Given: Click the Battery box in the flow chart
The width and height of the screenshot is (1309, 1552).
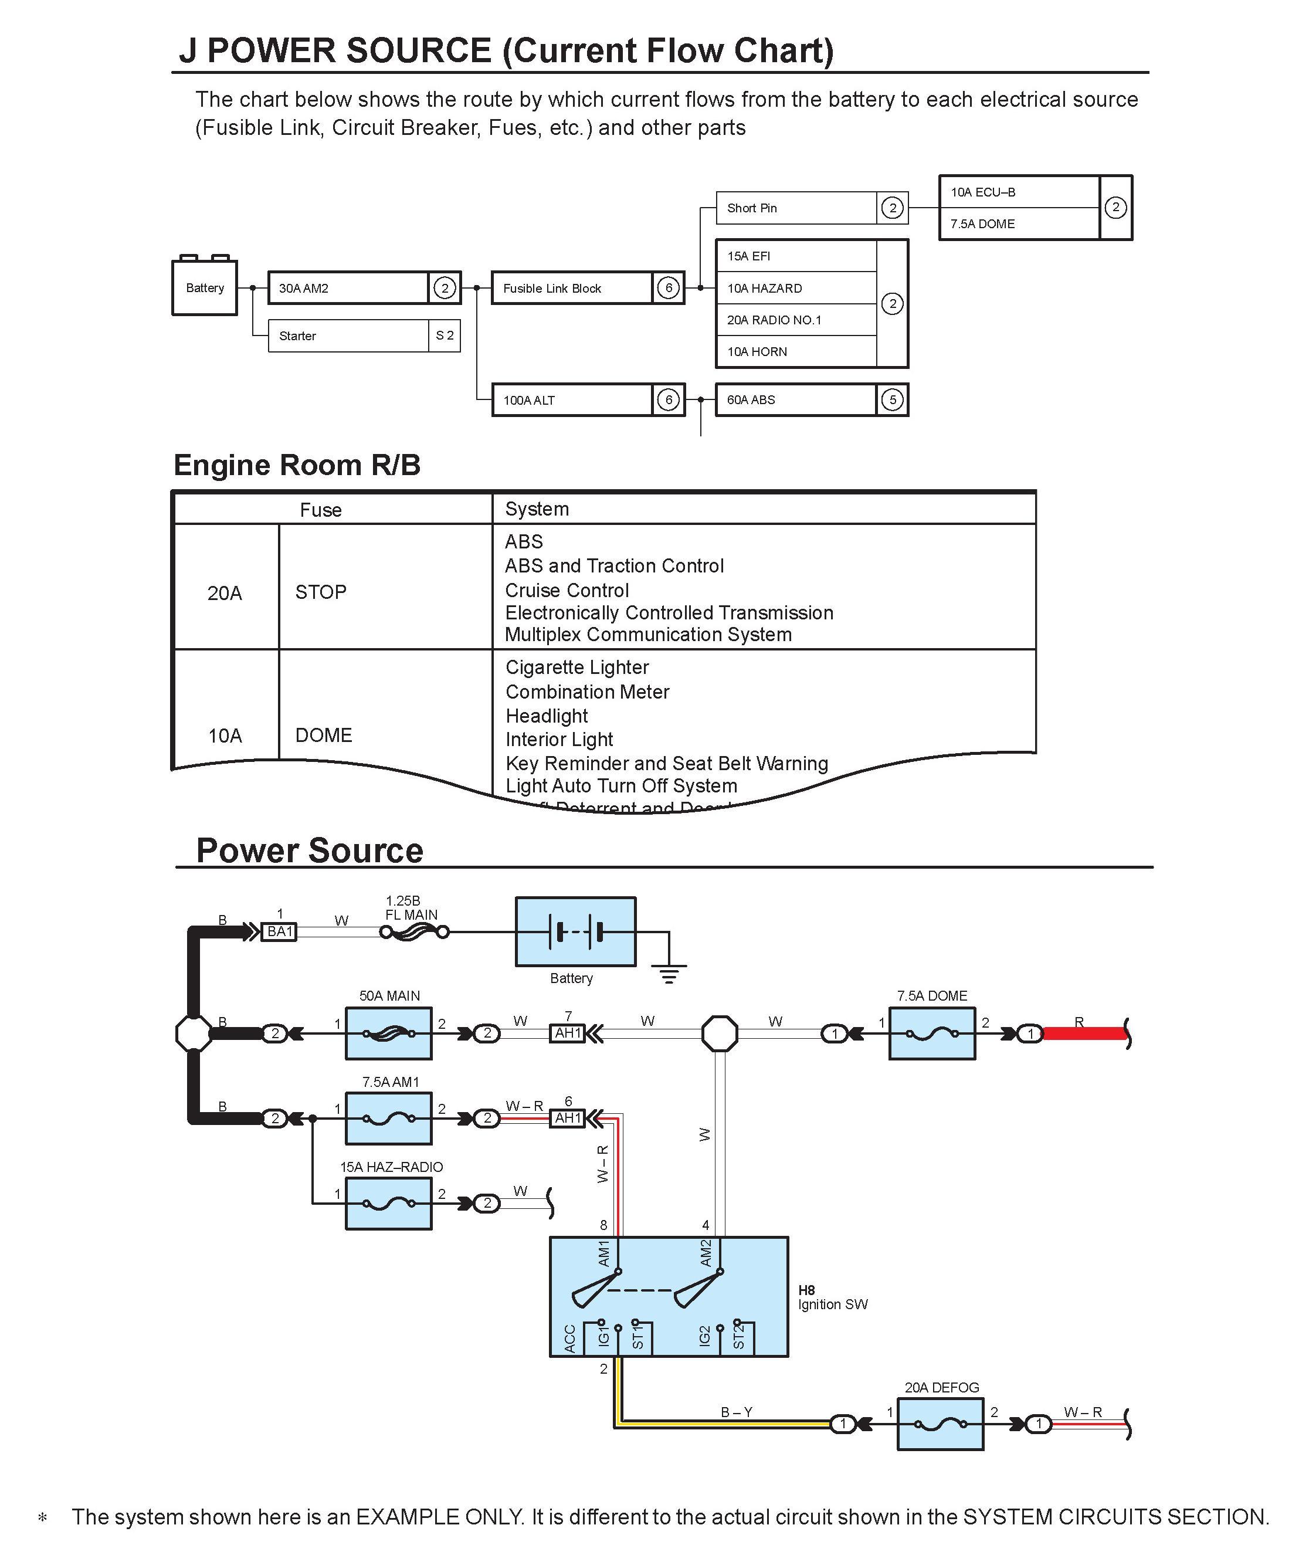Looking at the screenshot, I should tap(204, 287).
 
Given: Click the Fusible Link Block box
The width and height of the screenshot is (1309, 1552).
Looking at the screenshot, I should tap(571, 288).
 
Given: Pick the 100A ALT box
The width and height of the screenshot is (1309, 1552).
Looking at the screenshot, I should tap(571, 400).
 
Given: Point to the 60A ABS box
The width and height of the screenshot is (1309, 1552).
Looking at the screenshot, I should tap(795, 400).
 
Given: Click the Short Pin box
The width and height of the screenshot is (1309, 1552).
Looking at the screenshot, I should tap(795, 208).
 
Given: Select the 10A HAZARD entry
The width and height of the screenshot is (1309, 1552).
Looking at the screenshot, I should tap(795, 288).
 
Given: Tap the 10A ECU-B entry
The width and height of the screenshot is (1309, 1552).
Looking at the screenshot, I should tap(1018, 192).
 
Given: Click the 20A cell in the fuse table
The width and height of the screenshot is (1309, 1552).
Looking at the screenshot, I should tap(225, 593).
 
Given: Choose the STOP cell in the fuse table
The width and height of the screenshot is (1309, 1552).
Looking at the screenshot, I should tap(321, 592).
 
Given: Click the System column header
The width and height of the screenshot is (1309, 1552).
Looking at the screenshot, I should tap(537, 509).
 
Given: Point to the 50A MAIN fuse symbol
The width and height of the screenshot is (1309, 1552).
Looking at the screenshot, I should tap(389, 1033).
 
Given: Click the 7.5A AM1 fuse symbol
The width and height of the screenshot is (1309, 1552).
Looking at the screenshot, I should tap(389, 1119).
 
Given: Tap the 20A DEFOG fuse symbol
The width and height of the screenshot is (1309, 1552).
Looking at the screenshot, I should tap(940, 1424).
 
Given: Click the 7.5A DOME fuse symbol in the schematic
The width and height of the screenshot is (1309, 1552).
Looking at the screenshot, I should tap(932, 1033).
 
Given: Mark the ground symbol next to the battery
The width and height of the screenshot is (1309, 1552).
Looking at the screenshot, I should tap(669, 972).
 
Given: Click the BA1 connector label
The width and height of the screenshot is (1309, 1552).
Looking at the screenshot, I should tap(280, 931).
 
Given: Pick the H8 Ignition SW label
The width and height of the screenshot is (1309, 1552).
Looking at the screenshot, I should tap(832, 1298).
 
